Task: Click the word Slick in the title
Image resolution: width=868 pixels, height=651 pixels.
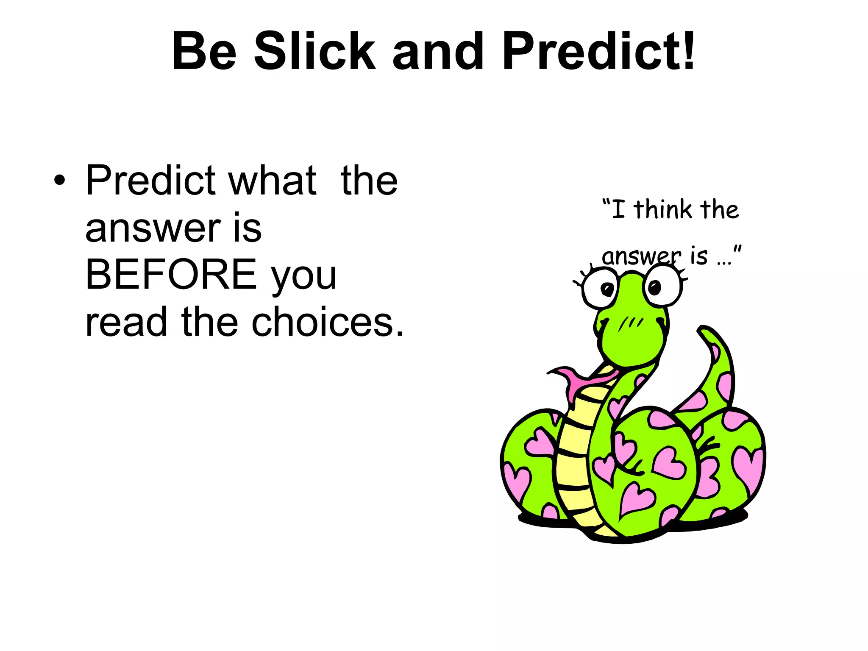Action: coord(314,52)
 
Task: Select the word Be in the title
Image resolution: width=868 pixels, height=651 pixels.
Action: coord(204,52)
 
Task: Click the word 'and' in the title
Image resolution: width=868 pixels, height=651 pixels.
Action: coord(438,52)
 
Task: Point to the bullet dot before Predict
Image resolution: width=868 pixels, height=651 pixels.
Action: coord(60,181)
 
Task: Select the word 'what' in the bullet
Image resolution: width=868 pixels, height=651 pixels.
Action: coord(273,181)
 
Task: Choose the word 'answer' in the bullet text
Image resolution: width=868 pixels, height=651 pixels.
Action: coord(153,229)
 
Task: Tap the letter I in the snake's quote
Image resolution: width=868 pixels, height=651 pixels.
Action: coord(618,209)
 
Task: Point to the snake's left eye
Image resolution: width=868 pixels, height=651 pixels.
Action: coord(601,289)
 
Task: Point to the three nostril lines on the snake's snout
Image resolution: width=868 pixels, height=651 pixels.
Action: coord(631,324)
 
